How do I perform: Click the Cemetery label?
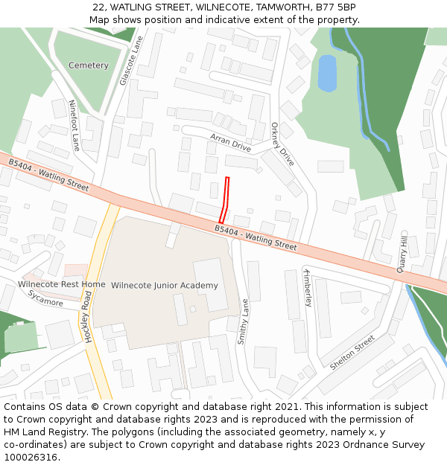pyautogui.click(x=88, y=65)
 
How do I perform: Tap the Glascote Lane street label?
pyautogui.click(x=131, y=62)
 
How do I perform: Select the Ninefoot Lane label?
pyautogui.click(x=74, y=125)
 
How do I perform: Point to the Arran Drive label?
pyautogui.click(x=230, y=142)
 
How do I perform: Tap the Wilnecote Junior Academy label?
pyautogui.click(x=165, y=286)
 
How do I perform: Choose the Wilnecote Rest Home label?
pyautogui.click(x=62, y=284)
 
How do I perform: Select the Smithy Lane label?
pyautogui.click(x=242, y=321)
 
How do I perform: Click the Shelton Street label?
pyautogui.click(x=352, y=353)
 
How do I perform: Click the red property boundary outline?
pyautogui.click(x=225, y=199)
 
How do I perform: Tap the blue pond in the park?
pyautogui.click(x=327, y=74)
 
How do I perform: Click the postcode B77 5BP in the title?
pyautogui.click(x=335, y=7)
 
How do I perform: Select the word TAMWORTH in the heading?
pyautogui.click(x=273, y=7)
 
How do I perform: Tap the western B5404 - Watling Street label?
pyautogui.click(x=48, y=174)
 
